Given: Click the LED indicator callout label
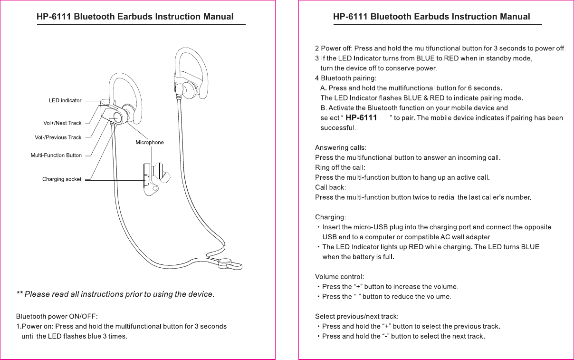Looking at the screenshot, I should (x=65, y=101).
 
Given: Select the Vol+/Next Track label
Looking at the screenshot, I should (x=62, y=123).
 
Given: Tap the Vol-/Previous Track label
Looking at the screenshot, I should (x=58, y=137).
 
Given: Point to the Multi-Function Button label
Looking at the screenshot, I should (x=56, y=156).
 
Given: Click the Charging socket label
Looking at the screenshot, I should (x=62, y=179).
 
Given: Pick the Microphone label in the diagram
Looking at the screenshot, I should (x=149, y=143).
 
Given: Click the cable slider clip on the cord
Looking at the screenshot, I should (x=226, y=263).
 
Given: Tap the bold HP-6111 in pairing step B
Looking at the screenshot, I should (x=361, y=118).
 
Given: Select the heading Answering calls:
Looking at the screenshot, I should (x=341, y=147).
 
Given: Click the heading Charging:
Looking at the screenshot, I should (x=331, y=217).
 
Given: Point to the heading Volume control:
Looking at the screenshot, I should (x=340, y=277).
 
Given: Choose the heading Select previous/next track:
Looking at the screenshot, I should (x=357, y=316).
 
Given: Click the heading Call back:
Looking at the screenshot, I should (x=331, y=187).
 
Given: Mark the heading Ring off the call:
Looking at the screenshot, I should (x=340, y=167).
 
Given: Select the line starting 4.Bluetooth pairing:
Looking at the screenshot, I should (x=345, y=78).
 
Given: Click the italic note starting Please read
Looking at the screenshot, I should (x=115, y=294).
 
